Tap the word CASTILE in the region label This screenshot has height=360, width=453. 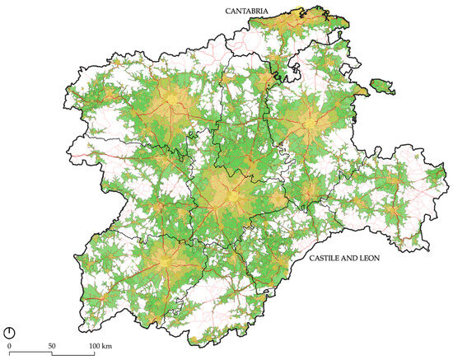coord(329,258)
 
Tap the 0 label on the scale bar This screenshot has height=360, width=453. coord(9,345)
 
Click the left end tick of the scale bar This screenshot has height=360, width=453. coord(9,353)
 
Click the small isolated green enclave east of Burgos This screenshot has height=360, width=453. coord(381,83)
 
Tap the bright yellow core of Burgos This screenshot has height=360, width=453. coord(310,124)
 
